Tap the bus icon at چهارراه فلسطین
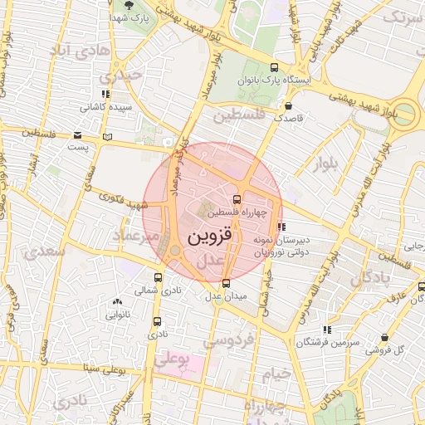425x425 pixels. pyautogui.click(x=237, y=199)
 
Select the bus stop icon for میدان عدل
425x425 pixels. pyautogui.click(x=227, y=283)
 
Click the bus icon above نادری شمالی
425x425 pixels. pyautogui.click(x=159, y=277)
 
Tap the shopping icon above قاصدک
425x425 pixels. pyautogui.click(x=288, y=106)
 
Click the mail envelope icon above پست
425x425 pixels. pyautogui.click(x=77, y=134)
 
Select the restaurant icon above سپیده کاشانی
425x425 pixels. pyautogui.click(x=104, y=94)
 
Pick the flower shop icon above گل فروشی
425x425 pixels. pyautogui.click(x=384, y=338)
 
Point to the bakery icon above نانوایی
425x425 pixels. pyautogui.click(x=115, y=302)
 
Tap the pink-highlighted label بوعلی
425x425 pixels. pyautogui.click(x=173, y=360)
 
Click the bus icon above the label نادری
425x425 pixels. pyautogui.click(x=158, y=321)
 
